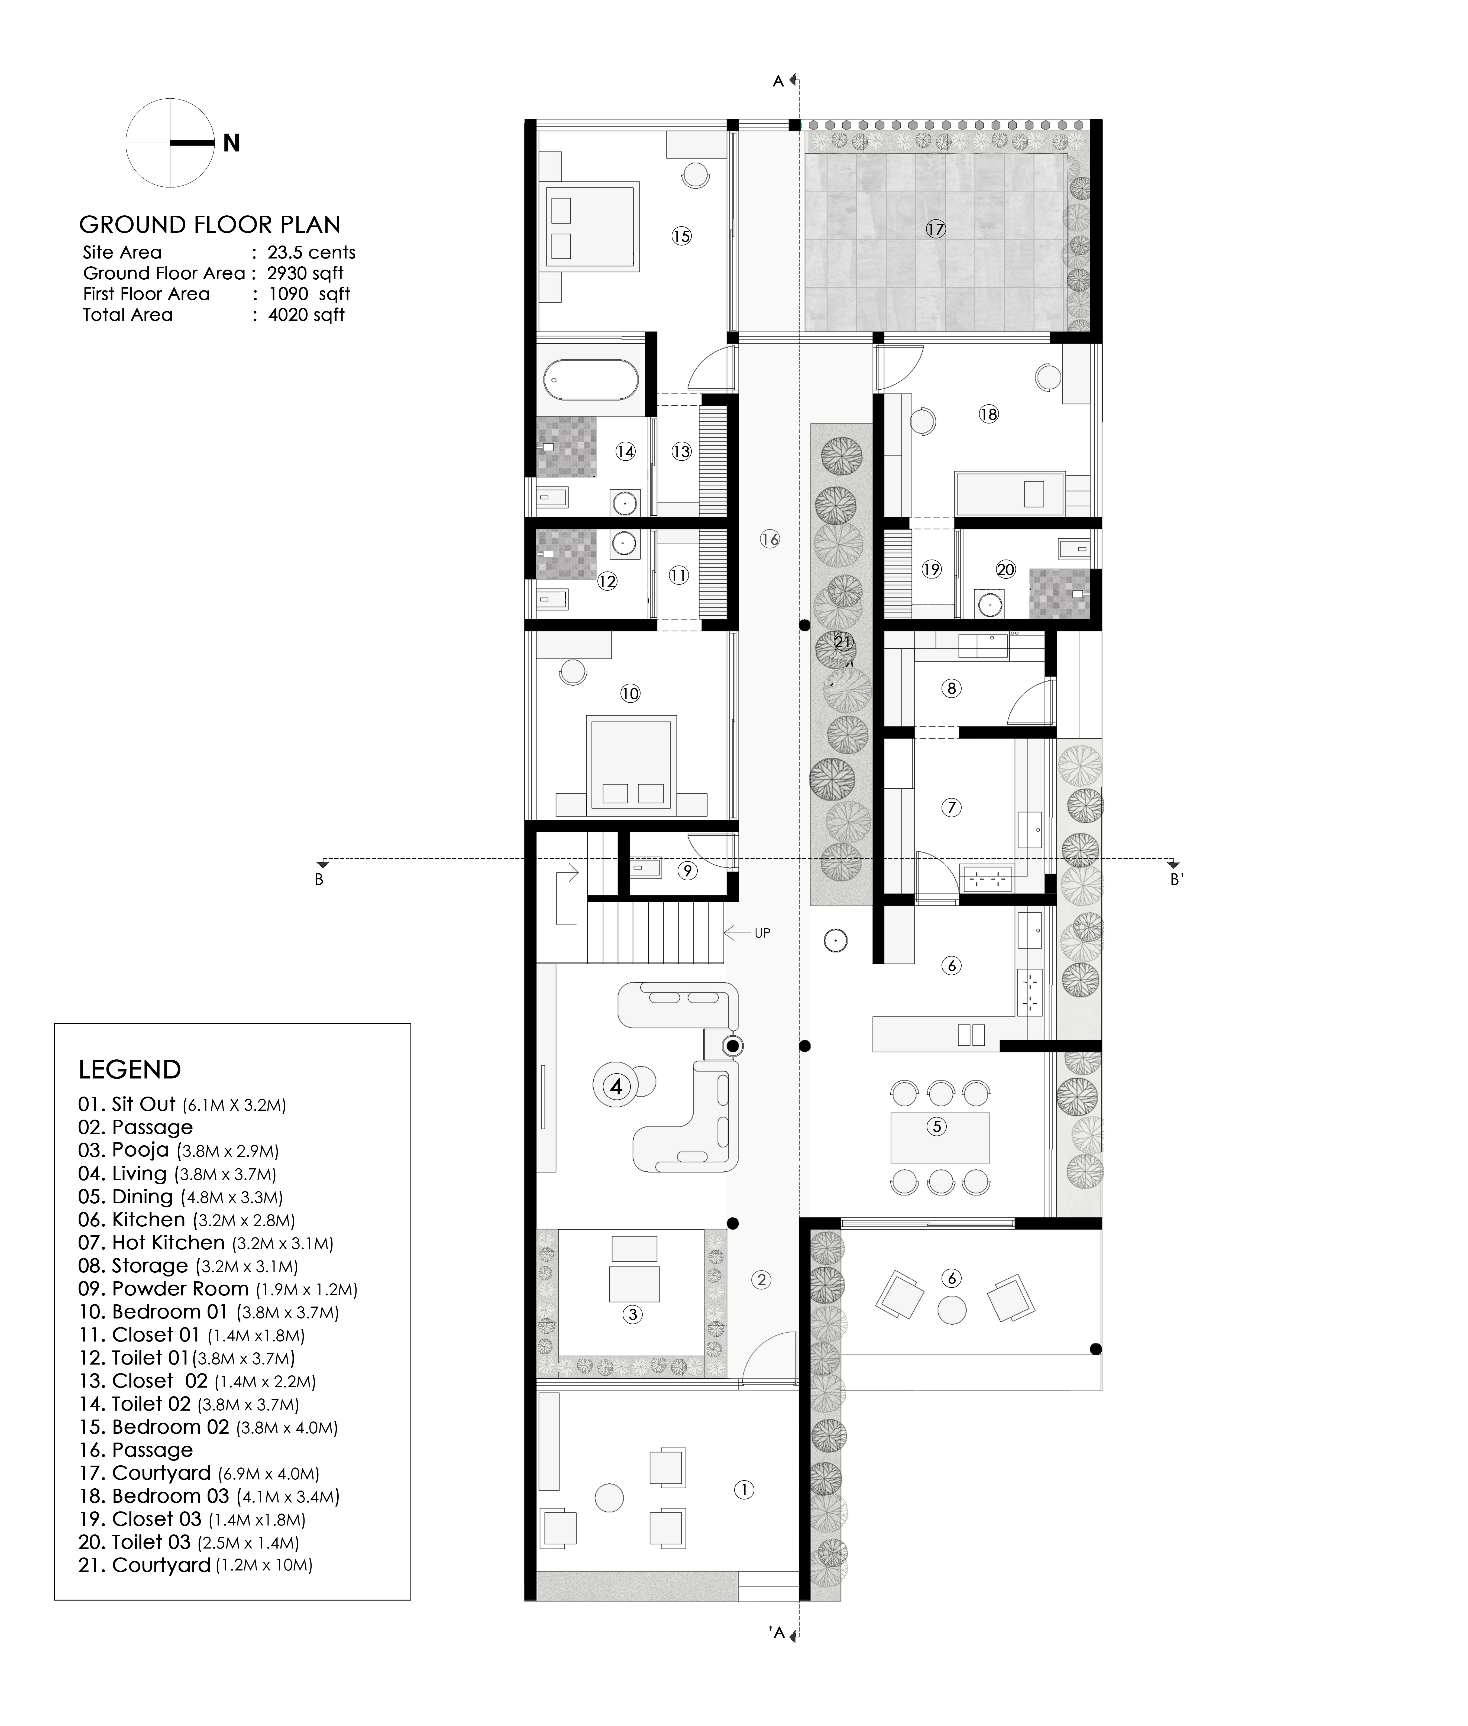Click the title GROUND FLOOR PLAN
pyautogui.click(x=210, y=225)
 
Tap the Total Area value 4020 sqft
pyautogui.click(x=306, y=315)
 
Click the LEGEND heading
pyautogui.click(x=130, y=1069)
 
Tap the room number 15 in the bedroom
pyautogui.click(x=682, y=236)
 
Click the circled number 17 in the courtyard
pyautogui.click(x=936, y=229)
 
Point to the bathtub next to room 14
pyautogui.click(x=592, y=380)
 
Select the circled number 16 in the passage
pyautogui.click(x=770, y=539)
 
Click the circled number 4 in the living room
pyautogui.click(x=616, y=1086)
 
